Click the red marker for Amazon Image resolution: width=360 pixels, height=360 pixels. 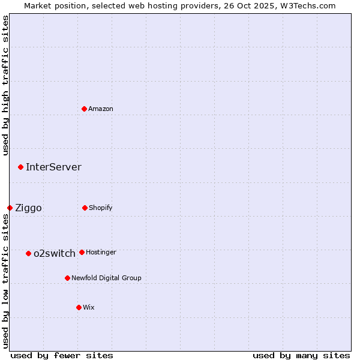pyautogui.click(x=85, y=109)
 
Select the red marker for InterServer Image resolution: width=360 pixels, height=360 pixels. pyautogui.click(x=21, y=167)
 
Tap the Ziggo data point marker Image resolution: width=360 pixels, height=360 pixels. pyautogui.click(x=10, y=208)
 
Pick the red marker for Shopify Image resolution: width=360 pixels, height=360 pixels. pyautogui.click(x=85, y=208)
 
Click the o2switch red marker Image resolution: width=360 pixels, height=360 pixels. pyautogui.click(x=29, y=253)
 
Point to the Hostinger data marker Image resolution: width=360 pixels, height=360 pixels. pyautogui.click(x=82, y=252)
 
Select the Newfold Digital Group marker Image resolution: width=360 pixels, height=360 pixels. pyautogui.click(x=68, y=278)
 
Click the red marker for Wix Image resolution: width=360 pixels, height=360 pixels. pyautogui.click(x=79, y=307)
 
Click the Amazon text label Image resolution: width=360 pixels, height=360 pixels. pyautogui.click(x=101, y=109)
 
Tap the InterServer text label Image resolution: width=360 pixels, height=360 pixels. pyautogui.click(x=53, y=167)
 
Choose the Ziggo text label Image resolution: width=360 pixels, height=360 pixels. pyautogui.click(x=28, y=208)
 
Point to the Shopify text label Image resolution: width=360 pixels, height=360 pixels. pyautogui.click(x=101, y=208)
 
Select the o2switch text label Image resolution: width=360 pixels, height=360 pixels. pyautogui.click(x=55, y=253)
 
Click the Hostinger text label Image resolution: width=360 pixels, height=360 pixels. pyautogui.click(x=101, y=252)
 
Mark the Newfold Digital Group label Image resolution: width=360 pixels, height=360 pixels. pyautogui.click(x=106, y=278)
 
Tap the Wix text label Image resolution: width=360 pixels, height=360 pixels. pyautogui.click(x=89, y=307)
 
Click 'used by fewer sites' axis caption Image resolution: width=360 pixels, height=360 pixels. pyautogui.click(x=62, y=355)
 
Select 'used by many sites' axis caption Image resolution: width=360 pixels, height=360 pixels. pyautogui.click(x=301, y=355)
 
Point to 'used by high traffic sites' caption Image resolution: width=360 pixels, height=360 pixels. pyautogui.click(x=5, y=85)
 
